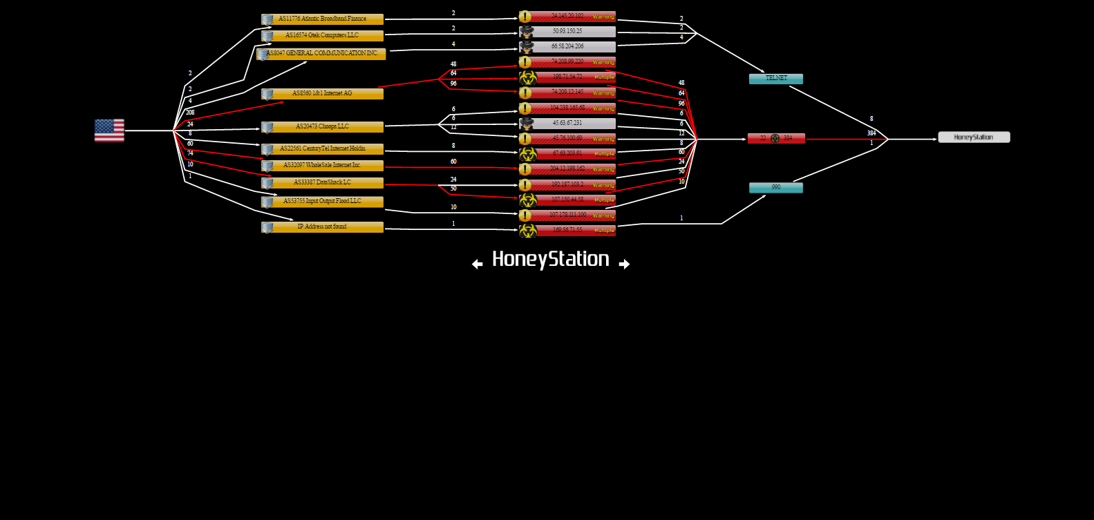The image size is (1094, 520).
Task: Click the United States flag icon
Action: point(109,131)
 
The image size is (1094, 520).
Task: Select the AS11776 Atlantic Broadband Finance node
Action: point(322,19)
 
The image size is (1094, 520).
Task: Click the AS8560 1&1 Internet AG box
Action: point(322,94)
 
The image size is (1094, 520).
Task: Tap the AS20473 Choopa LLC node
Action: point(322,127)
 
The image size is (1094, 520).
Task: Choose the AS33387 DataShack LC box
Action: point(322,183)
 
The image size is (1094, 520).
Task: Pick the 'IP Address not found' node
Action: point(322,227)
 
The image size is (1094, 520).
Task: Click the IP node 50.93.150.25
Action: point(567,32)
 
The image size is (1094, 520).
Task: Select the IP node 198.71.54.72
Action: point(567,77)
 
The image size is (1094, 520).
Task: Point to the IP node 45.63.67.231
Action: point(567,124)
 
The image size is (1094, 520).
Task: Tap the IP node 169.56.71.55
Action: point(567,230)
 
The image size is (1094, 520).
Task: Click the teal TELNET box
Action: point(776,79)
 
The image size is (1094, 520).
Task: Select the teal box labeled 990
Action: point(776,188)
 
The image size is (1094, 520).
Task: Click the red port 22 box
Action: point(776,138)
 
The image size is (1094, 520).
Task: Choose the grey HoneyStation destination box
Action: point(974,137)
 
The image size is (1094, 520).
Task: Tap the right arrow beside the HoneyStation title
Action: point(624,264)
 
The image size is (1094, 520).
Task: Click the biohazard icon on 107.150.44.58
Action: point(528,200)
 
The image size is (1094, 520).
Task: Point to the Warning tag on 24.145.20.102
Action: point(603,17)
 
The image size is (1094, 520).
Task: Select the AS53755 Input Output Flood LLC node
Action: point(322,202)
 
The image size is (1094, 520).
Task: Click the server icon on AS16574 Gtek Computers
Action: point(267,36)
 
